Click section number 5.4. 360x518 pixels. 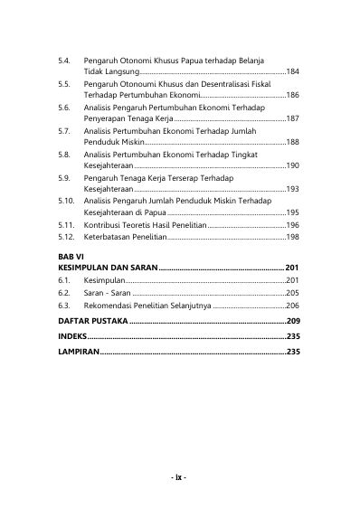(x=62, y=59)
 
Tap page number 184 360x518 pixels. (x=293, y=71)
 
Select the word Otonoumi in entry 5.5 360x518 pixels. (x=135, y=82)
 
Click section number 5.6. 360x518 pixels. (x=63, y=107)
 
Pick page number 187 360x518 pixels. (x=293, y=118)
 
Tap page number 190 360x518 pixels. (x=293, y=166)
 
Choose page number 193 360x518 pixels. (x=293, y=190)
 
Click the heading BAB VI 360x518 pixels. (x=70, y=258)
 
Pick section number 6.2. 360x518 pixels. (x=62, y=294)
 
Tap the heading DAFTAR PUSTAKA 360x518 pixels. (x=92, y=321)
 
